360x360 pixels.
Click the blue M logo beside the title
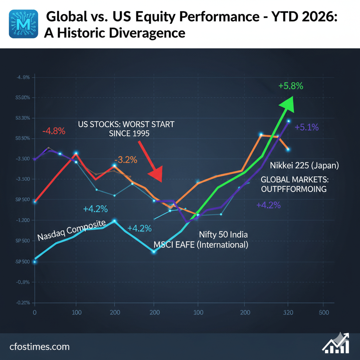point(23,24)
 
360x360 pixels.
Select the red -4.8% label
point(54,131)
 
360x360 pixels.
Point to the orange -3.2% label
point(125,160)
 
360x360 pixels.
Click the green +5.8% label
point(291,86)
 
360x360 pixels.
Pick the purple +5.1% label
point(307,127)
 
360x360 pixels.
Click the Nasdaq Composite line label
point(71,231)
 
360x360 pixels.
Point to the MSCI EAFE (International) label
point(200,245)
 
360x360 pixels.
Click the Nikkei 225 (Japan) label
point(304,165)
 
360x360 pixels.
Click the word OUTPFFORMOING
point(294,189)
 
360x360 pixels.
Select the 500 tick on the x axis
point(323,312)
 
